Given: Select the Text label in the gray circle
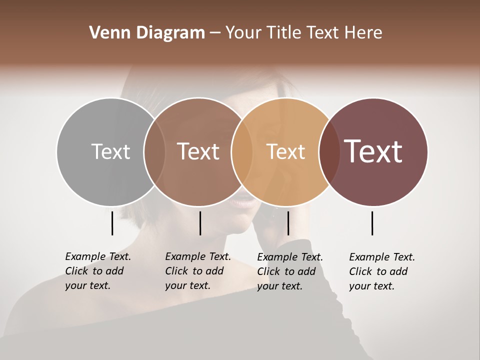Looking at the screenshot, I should [x=110, y=151].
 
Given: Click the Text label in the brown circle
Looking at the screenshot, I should [x=198, y=151].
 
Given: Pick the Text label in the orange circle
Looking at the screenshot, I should [x=285, y=151].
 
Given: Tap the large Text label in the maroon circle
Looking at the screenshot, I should [x=373, y=151].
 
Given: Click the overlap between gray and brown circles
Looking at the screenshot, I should [x=154, y=152].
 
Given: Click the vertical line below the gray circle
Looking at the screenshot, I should [x=112, y=223].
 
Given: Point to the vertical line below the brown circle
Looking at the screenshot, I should [x=200, y=223].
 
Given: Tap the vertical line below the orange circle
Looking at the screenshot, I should [x=288, y=223].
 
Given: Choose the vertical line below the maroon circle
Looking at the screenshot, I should [x=372, y=223].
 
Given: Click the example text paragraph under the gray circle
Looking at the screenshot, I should [x=98, y=271].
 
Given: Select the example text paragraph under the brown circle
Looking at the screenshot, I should [x=198, y=271].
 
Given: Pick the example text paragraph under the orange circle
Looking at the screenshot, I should [x=290, y=271].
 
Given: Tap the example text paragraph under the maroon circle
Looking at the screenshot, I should [x=382, y=271].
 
